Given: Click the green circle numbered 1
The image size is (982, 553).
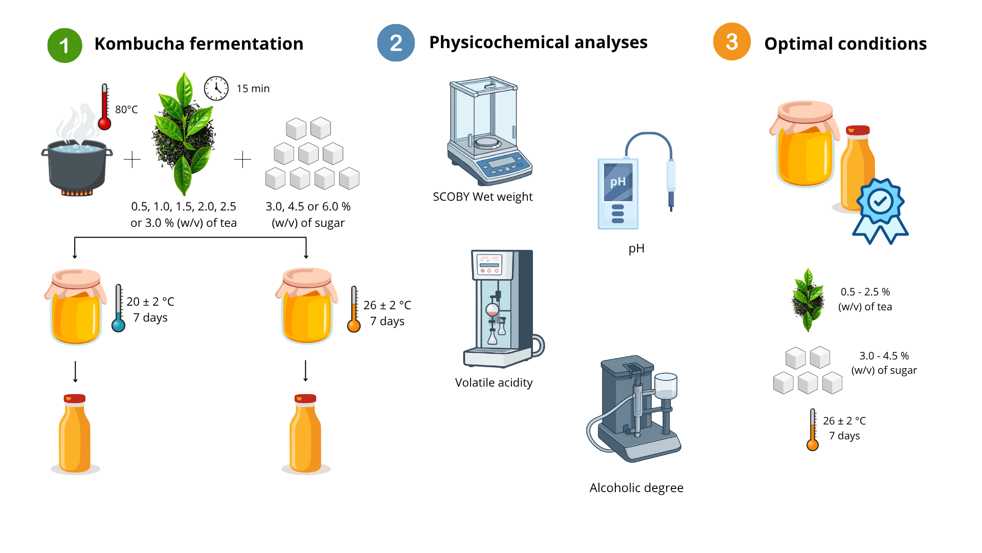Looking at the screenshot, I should tap(64, 45).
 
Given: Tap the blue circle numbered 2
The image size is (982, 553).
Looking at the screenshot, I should tap(396, 43).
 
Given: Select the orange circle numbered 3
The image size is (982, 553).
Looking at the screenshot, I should tap(731, 42).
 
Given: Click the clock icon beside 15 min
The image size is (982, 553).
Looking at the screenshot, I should tap(216, 89).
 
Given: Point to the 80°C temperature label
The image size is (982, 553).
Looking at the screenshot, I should tap(126, 110).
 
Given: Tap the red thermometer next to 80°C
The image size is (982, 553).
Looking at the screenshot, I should tap(105, 108).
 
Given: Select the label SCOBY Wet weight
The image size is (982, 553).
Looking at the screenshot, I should tap(482, 197).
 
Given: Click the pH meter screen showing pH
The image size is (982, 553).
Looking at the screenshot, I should tap(618, 182).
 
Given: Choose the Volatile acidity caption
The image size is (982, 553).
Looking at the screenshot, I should tap(494, 383).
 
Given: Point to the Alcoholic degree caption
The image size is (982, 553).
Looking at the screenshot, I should tap(636, 488).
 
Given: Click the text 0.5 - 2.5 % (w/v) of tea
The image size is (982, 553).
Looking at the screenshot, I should tap(865, 299).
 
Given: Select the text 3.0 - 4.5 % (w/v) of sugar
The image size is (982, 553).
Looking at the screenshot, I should tap(884, 363).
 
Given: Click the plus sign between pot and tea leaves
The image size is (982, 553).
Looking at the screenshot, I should tap(132, 160).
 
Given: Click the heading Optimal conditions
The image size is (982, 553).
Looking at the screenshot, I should tap(845, 44).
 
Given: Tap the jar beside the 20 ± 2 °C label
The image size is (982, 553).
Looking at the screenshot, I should tap(76, 307).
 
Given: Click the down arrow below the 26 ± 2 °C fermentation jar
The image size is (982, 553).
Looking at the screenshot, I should tap(306, 371).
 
